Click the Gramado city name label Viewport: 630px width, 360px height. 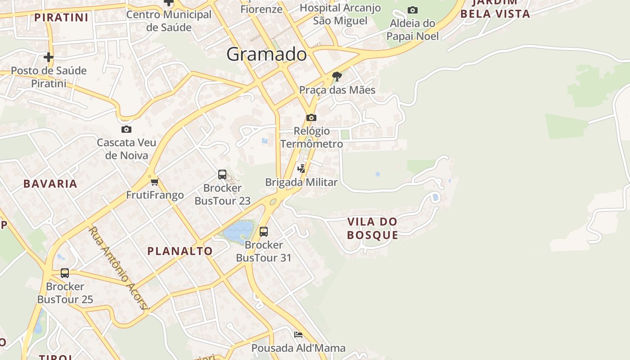pyautogui.click(x=266, y=54)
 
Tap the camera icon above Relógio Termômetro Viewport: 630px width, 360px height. pyautogui.click(x=311, y=117)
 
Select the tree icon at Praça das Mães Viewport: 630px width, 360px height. pyautogui.click(x=337, y=76)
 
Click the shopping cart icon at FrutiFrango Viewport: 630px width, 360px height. pyautogui.click(x=155, y=182)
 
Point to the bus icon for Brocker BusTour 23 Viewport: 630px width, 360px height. pyautogui.click(x=222, y=174)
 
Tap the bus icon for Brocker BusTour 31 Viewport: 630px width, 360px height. pyautogui.click(x=264, y=231)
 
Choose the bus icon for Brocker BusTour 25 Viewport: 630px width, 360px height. pyautogui.click(x=65, y=273)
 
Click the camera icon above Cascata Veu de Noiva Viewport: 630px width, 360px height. pyautogui.click(x=126, y=129)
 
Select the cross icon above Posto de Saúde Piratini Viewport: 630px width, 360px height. pyautogui.click(x=48, y=57)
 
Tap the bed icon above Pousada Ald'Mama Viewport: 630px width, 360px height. pyautogui.click(x=298, y=335)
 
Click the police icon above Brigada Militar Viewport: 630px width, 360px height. pyautogui.click(x=301, y=169)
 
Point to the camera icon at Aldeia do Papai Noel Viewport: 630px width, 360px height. pyautogui.click(x=412, y=10)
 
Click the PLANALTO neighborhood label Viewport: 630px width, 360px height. pyautogui.click(x=180, y=251)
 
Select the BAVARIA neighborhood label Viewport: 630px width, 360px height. pyautogui.click(x=50, y=184)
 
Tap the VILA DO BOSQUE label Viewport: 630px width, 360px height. pyautogui.click(x=373, y=228)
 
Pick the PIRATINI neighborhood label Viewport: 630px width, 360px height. pyautogui.click(x=61, y=18)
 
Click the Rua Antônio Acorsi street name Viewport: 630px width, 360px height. pyautogui.click(x=118, y=268)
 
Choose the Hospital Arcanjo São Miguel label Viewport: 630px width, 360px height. pyautogui.click(x=340, y=14)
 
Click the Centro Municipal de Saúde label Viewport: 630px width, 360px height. pyautogui.click(x=169, y=21)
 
